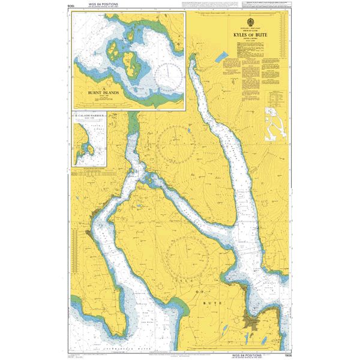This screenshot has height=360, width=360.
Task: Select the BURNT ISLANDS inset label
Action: [x=103, y=94]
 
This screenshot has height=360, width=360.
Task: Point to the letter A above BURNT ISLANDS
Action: [x=103, y=88]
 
